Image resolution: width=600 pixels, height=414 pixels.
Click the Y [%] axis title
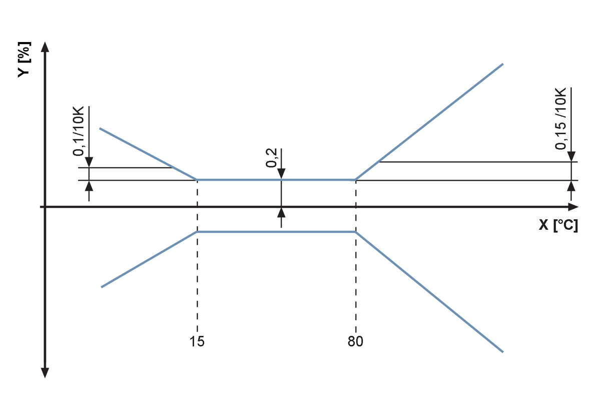(x=24, y=59)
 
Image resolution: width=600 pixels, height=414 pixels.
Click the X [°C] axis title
(x=558, y=225)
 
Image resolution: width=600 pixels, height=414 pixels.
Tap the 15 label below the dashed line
(x=197, y=341)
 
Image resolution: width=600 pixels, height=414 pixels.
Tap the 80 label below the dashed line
(x=355, y=341)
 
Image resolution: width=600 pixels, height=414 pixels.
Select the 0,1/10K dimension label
(x=79, y=131)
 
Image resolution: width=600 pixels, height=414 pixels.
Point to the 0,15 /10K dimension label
(x=560, y=119)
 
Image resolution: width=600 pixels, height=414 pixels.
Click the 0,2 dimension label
(x=271, y=158)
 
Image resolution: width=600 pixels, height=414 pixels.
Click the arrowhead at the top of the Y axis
(x=45, y=47)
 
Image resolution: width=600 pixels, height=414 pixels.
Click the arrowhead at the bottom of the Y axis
(x=45, y=372)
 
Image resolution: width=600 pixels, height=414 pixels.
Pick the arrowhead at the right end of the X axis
(x=573, y=207)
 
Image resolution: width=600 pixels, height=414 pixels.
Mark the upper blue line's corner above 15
(x=197, y=179)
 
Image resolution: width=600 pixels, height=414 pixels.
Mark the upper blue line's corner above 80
(x=355, y=179)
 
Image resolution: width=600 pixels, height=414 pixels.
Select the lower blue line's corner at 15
(x=197, y=232)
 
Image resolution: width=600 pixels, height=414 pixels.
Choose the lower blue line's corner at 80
(x=355, y=232)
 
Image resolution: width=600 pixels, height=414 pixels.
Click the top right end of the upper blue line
(x=503, y=64)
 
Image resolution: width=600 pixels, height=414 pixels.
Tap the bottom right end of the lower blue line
(x=503, y=351)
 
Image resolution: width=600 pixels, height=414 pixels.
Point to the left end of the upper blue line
(x=100, y=128)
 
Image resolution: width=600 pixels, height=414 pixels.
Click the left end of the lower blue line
(x=102, y=287)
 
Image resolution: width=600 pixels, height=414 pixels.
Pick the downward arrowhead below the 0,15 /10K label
(x=571, y=157)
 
